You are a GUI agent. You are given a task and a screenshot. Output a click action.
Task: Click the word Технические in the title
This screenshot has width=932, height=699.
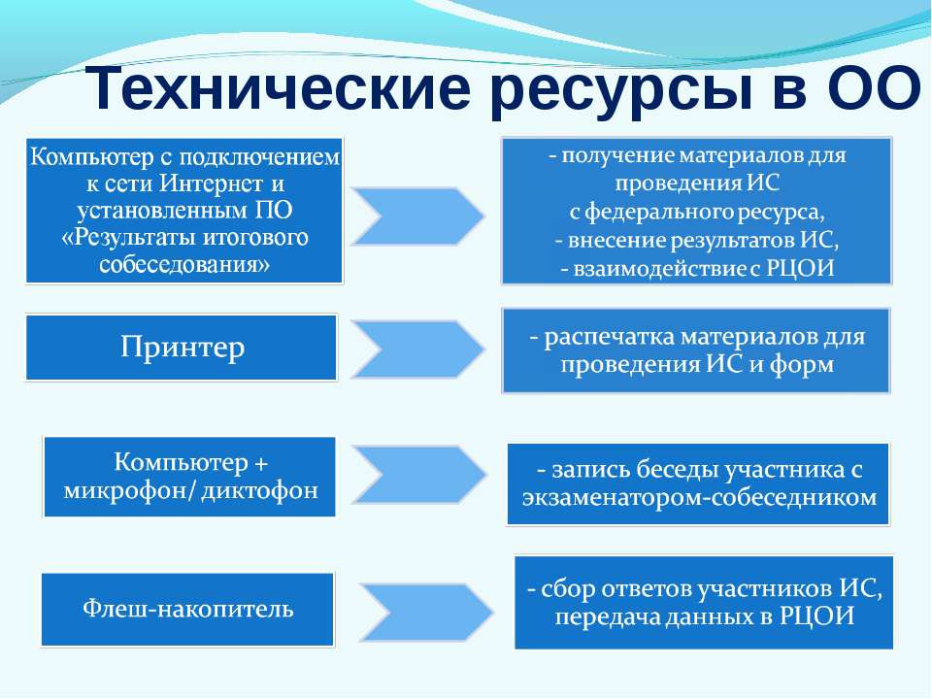(x=278, y=88)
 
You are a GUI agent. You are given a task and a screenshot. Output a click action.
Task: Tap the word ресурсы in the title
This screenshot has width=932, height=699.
(x=620, y=91)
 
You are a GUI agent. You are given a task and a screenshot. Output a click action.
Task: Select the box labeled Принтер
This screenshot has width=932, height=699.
(x=182, y=348)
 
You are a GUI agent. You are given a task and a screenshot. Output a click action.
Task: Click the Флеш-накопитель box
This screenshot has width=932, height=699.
(x=187, y=610)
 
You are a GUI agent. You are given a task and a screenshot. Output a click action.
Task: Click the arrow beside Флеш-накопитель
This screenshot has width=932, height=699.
(x=426, y=613)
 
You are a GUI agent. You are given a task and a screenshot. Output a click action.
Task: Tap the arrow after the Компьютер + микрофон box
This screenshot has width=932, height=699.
(x=419, y=475)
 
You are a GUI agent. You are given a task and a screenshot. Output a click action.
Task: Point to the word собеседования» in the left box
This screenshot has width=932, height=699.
(x=184, y=264)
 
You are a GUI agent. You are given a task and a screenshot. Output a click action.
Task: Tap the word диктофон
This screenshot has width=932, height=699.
(x=260, y=490)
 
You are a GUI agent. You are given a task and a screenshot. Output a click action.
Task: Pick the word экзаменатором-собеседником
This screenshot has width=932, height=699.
(x=699, y=497)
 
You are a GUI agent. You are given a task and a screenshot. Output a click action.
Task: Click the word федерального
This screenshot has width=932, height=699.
(x=658, y=213)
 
